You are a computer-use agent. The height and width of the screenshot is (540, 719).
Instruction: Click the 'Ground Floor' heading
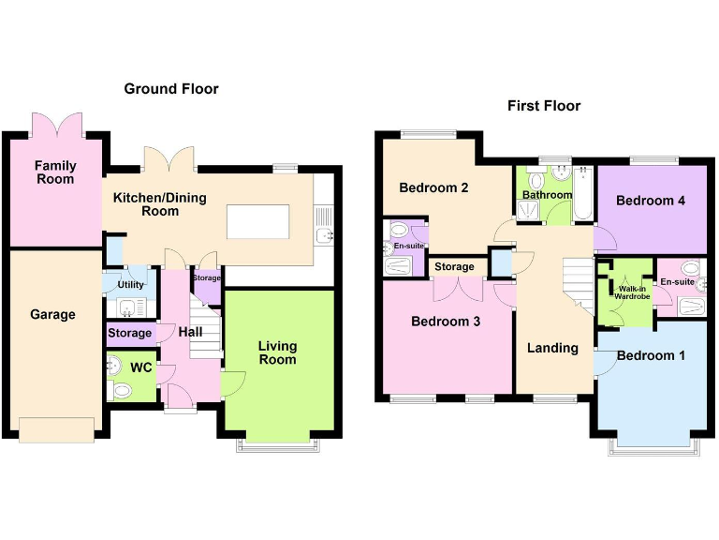pyautogui.click(x=171, y=89)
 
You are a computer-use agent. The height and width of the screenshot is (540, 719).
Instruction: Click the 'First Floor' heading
pyautogui.click(x=544, y=106)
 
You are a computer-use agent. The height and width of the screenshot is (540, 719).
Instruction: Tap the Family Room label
pyautogui.click(x=55, y=172)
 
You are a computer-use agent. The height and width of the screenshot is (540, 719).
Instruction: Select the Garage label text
pyautogui.click(x=52, y=315)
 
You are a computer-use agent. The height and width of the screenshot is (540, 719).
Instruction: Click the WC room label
pyautogui.click(x=140, y=368)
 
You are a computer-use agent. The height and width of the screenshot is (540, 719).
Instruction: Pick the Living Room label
pyautogui.click(x=277, y=353)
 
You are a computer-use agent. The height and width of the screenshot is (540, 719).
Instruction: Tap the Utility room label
pyautogui.click(x=130, y=284)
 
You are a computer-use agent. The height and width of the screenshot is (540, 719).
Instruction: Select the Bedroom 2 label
pyautogui.click(x=433, y=187)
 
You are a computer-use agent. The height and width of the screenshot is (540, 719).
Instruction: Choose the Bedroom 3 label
pyautogui.click(x=446, y=322)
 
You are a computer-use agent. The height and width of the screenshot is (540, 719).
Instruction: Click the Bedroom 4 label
pyautogui.click(x=644, y=201)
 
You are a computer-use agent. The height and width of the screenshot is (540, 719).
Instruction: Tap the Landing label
pyautogui.click(x=552, y=348)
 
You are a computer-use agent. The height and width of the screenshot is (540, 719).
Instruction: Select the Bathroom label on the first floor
pyautogui.click(x=547, y=195)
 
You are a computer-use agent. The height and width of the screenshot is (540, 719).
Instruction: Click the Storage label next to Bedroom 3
pyautogui.click(x=454, y=267)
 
